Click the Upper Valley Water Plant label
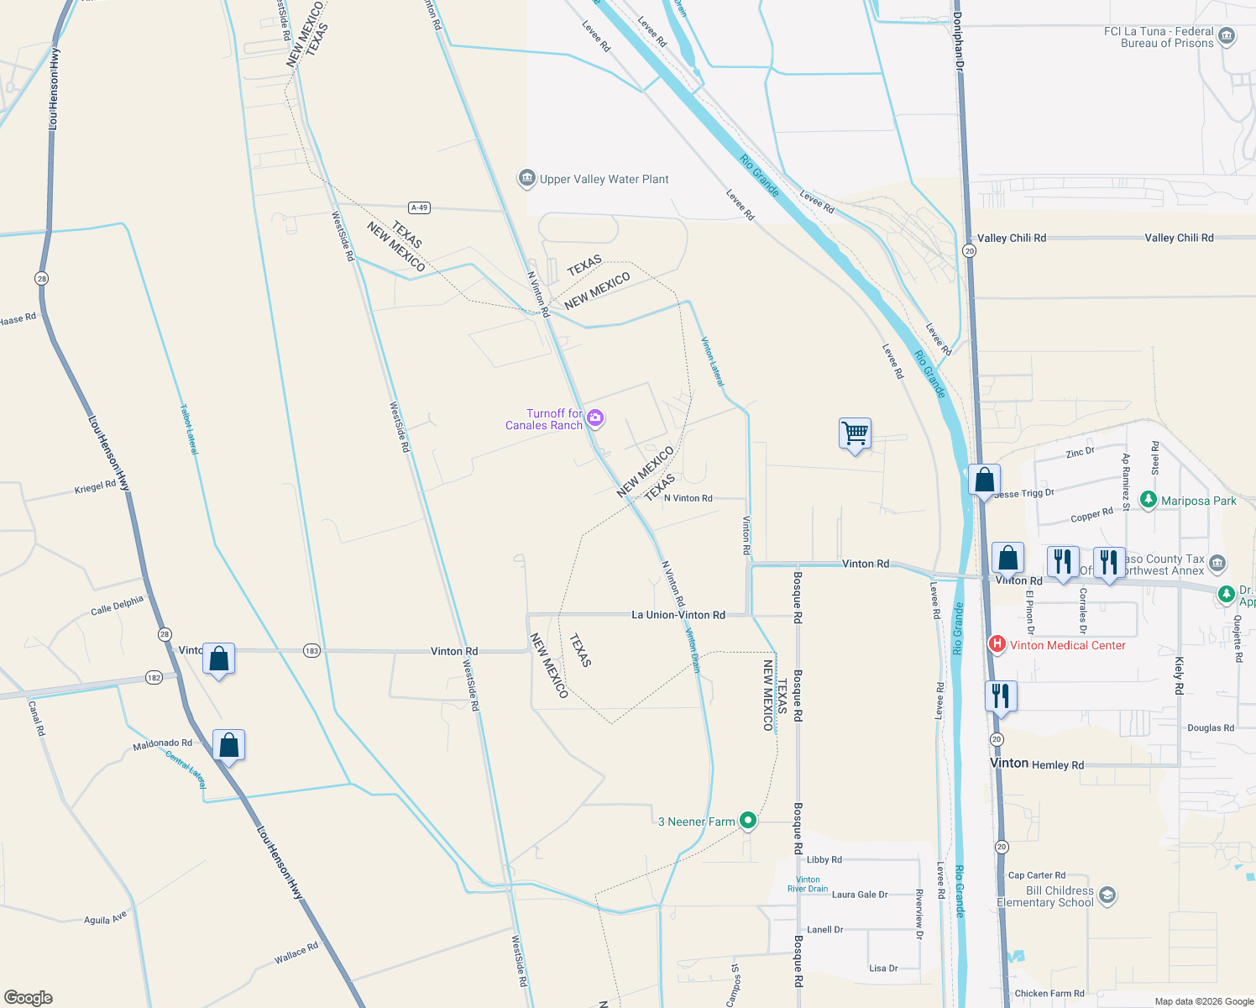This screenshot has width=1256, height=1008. point(604,179)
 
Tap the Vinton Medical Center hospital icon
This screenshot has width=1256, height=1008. point(997,645)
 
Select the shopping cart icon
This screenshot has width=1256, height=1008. point(855,434)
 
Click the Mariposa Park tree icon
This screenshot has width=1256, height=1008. point(1149,500)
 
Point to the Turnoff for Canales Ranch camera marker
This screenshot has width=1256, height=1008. point(595,417)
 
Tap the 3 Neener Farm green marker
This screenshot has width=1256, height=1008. point(747,821)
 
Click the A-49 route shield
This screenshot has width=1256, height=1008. point(419,207)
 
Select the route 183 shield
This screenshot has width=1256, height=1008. point(311,651)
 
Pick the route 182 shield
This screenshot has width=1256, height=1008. point(154,677)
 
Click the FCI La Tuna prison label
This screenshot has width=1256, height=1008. point(1159,37)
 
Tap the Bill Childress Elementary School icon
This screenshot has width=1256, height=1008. point(1107,895)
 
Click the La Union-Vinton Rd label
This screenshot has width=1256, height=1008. point(678,615)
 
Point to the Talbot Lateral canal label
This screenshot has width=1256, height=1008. point(189,429)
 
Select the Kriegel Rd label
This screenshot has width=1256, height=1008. point(95,486)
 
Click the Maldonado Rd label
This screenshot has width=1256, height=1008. point(162,743)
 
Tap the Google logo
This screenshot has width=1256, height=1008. point(29,998)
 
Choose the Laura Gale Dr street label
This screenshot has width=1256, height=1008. point(859,895)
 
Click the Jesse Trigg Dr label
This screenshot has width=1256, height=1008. point(1023,493)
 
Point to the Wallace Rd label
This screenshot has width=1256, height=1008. point(296,953)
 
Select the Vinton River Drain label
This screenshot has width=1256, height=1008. point(808,884)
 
